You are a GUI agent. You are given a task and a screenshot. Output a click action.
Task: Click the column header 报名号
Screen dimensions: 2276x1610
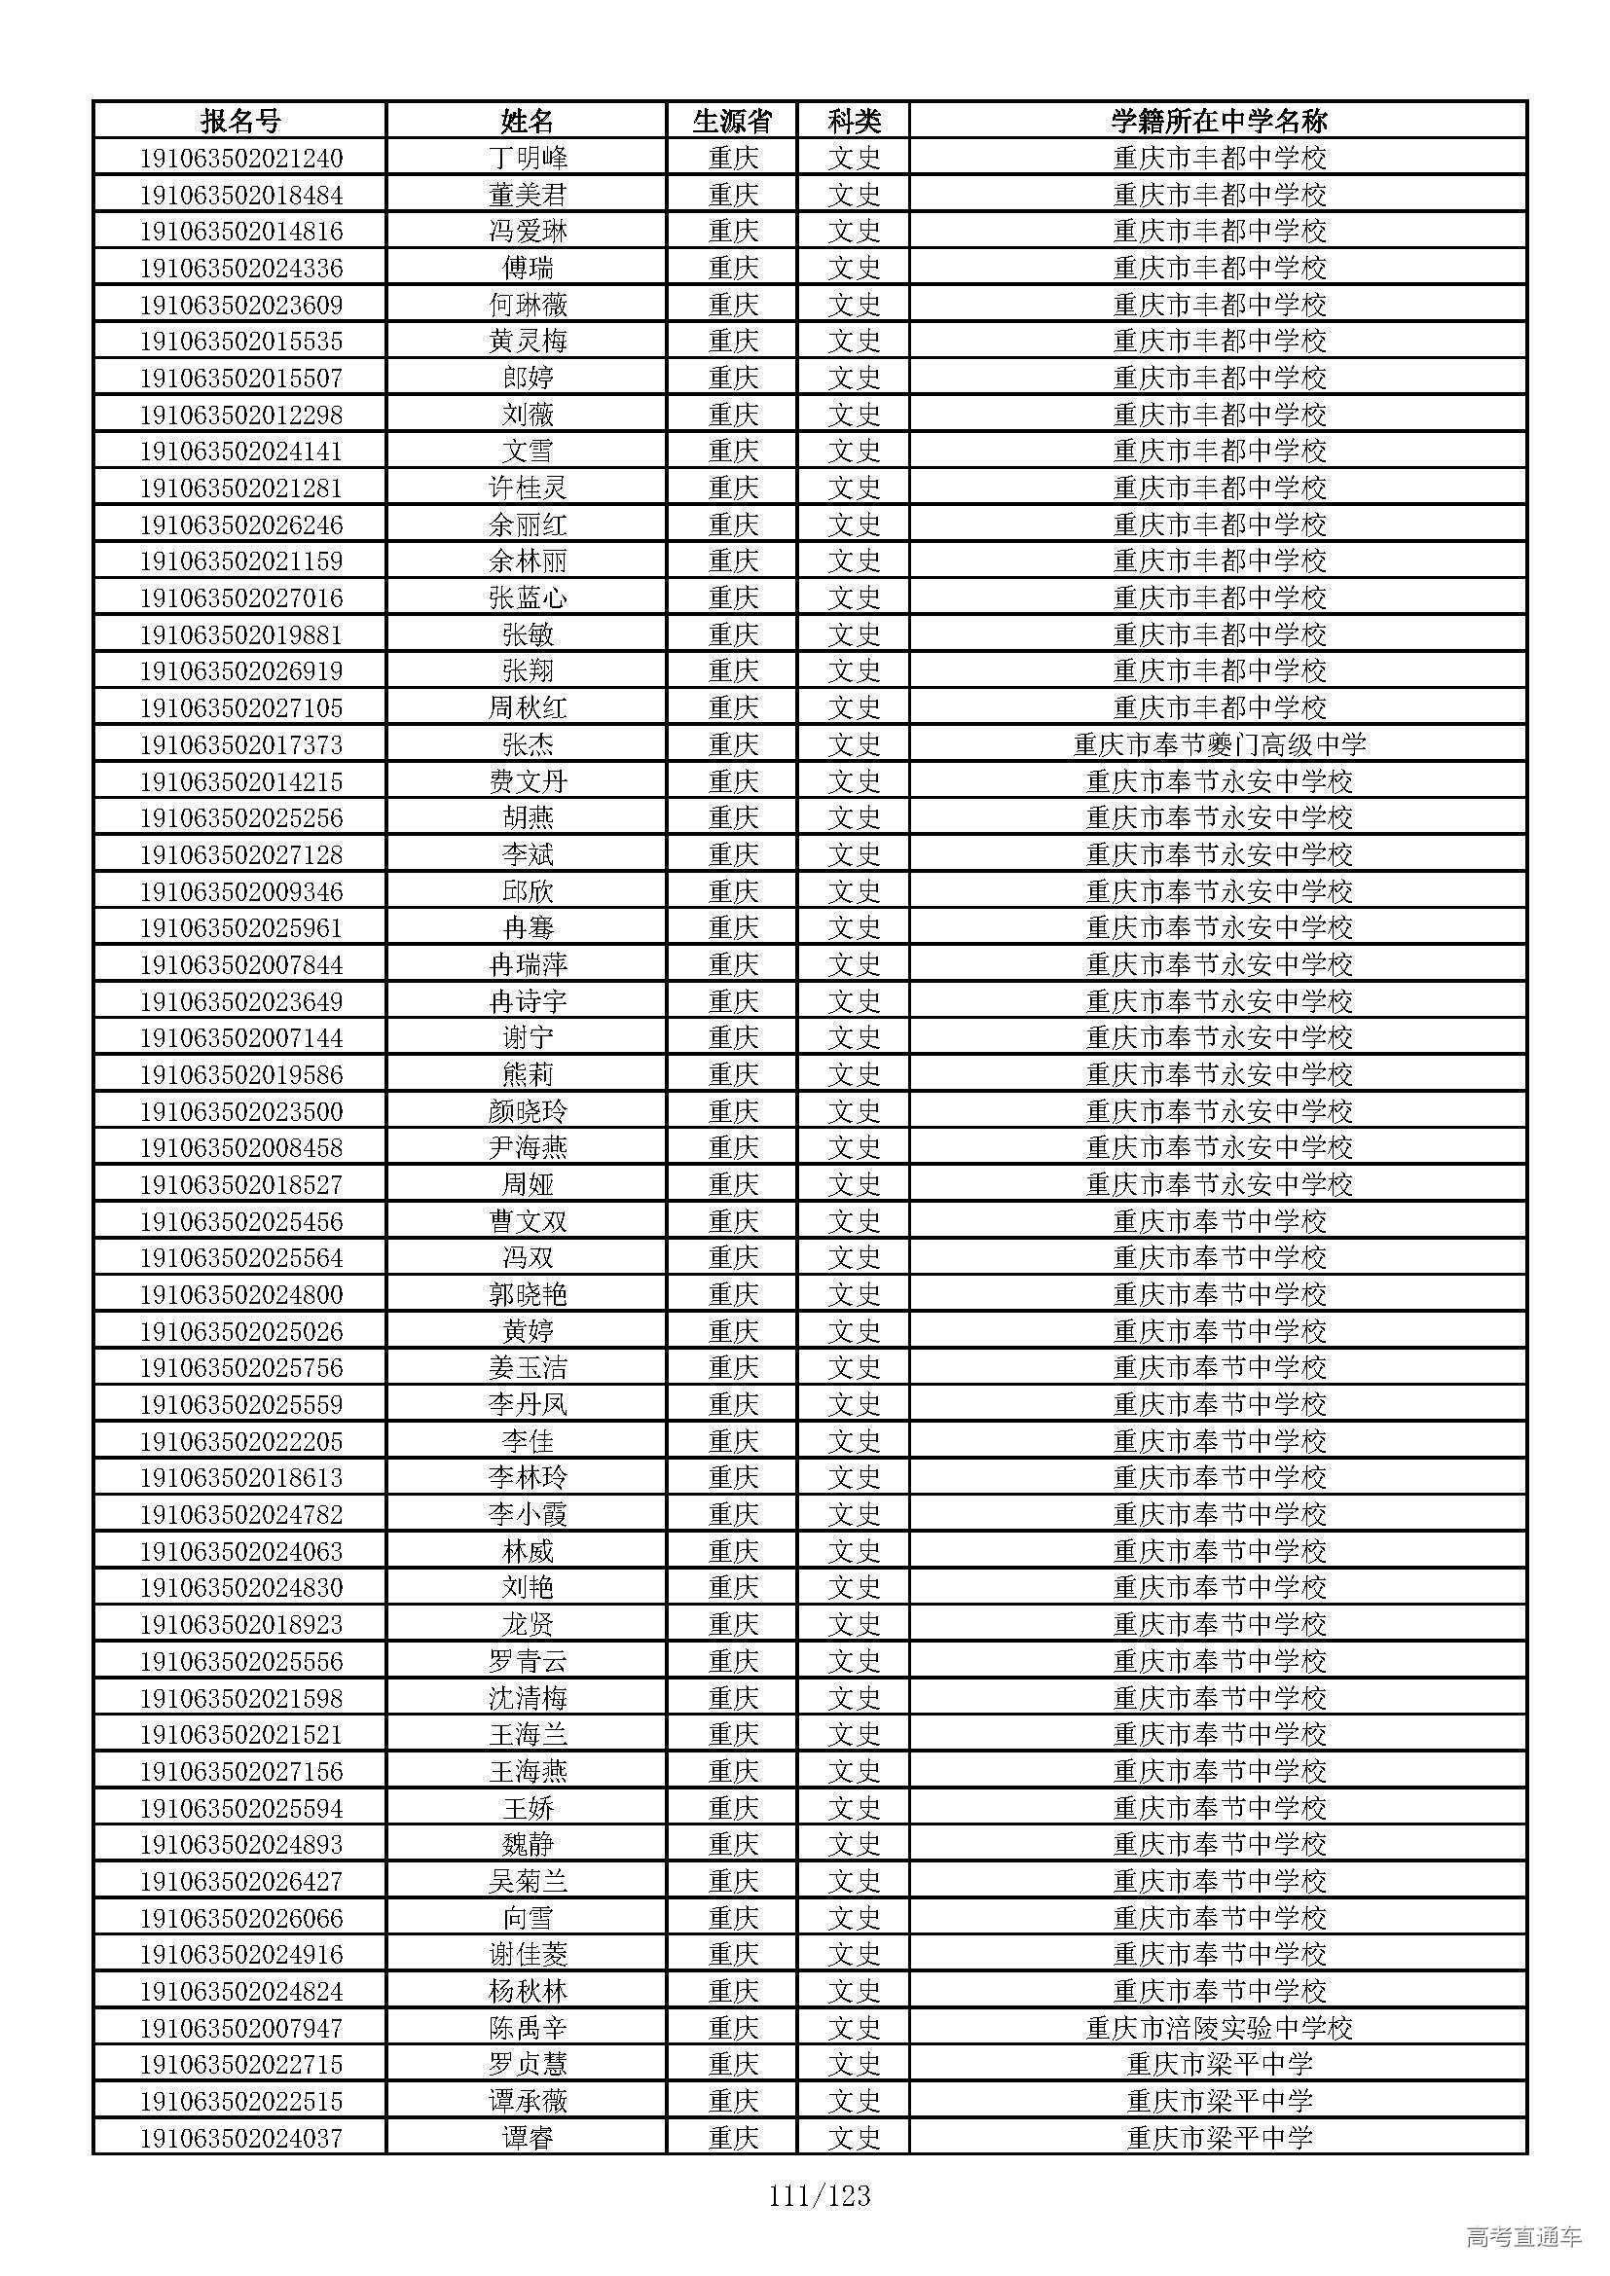240,121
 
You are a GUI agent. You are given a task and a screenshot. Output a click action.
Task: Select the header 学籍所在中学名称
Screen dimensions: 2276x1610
1219,121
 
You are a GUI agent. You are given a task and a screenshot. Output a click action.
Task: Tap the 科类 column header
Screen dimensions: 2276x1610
854,121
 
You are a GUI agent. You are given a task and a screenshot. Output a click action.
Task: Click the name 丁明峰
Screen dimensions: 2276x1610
528,158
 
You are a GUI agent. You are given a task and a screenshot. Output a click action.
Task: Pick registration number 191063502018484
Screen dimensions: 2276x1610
240,195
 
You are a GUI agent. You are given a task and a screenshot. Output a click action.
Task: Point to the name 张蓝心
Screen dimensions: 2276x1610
528,597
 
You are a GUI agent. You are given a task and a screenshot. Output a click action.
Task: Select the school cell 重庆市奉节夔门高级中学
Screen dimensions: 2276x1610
1219,744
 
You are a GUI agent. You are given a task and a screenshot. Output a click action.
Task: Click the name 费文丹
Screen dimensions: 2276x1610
528,781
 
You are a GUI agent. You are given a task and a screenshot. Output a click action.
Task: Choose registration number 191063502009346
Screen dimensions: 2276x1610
240,891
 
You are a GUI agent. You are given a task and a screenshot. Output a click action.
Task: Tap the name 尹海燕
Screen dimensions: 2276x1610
528,1148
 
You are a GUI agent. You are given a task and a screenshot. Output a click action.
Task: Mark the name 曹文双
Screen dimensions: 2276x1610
528,1221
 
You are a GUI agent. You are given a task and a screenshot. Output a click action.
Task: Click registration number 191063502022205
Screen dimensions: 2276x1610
240,1441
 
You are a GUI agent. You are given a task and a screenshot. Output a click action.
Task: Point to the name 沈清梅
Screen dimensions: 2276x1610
528,1698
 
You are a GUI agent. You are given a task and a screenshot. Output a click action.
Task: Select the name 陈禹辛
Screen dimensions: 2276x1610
528,2028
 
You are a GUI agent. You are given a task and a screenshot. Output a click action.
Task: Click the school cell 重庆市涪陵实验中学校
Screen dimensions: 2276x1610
1219,2028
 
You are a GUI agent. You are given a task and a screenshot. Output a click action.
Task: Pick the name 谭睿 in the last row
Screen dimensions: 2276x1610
528,2138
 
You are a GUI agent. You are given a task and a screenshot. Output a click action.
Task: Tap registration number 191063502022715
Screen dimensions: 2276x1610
240,2065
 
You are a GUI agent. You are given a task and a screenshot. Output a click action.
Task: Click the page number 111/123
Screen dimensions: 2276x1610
819,2197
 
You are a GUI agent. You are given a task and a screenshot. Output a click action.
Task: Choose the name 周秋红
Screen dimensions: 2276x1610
528,707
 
